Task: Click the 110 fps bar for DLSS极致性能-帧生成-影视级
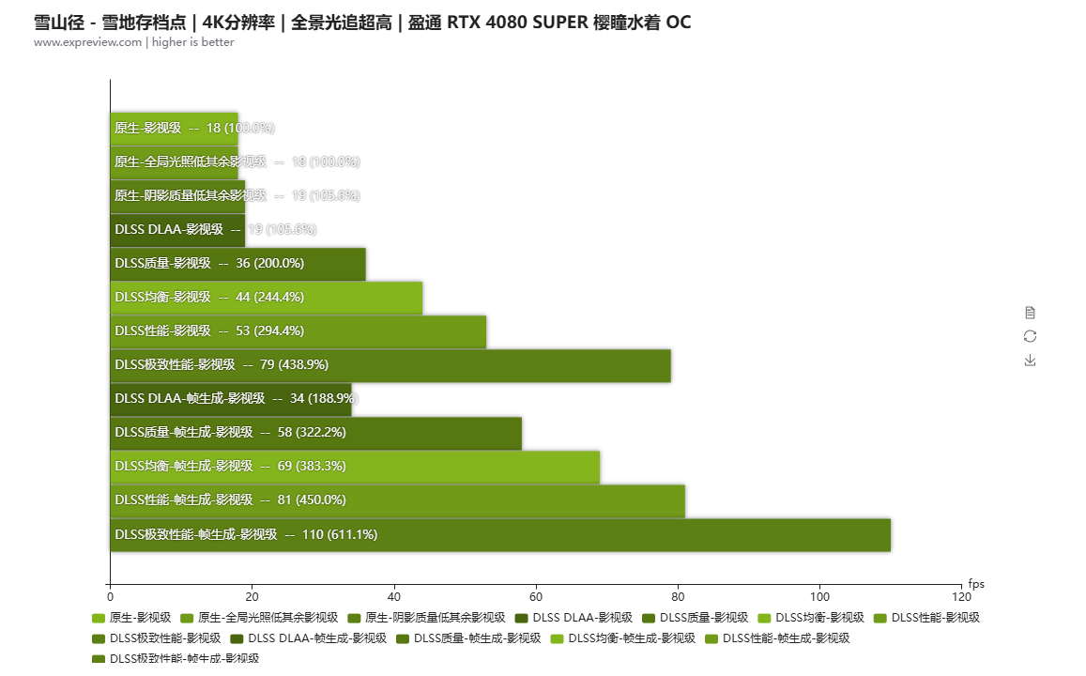(x=499, y=534)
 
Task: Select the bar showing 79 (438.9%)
(x=390, y=364)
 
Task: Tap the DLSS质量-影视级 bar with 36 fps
(x=237, y=263)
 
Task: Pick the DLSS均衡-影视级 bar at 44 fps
(x=266, y=297)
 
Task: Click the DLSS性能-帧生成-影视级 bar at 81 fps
(x=397, y=500)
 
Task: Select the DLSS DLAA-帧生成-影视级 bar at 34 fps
(x=230, y=398)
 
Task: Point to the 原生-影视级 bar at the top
(x=174, y=128)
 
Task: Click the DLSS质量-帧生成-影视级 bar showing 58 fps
(x=315, y=432)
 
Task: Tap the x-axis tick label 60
(x=536, y=596)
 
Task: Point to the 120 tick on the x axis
(x=961, y=596)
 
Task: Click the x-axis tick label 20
(x=252, y=596)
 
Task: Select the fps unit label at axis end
(x=976, y=584)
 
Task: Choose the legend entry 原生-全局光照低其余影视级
(x=258, y=618)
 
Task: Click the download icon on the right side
(x=1030, y=360)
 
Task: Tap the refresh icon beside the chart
(x=1030, y=336)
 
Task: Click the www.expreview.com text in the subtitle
(x=87, y=42)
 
